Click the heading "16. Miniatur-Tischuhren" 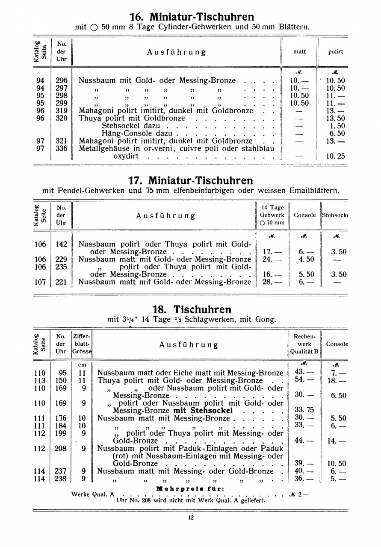tap(192, 17)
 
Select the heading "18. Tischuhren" tap(192, 309)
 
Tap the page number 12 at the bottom tap(191, 518)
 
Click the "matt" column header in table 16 tap(299, 52)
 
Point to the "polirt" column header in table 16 tap(336, 52)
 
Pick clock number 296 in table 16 tap(62, 80)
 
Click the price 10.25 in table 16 tap(335, 156)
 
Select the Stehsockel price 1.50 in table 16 tap(337, 126)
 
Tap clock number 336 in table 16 tap(62, 149)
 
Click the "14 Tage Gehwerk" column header tap(272, 215)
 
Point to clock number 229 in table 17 tap(62, 259)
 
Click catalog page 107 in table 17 tap(40, 282)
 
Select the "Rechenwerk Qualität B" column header tap(304, 344)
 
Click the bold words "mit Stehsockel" tap(203, 411)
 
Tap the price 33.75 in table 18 tap(304, 410)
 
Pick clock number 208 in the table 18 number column tap(61, 448)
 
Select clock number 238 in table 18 tap(61, 479)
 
